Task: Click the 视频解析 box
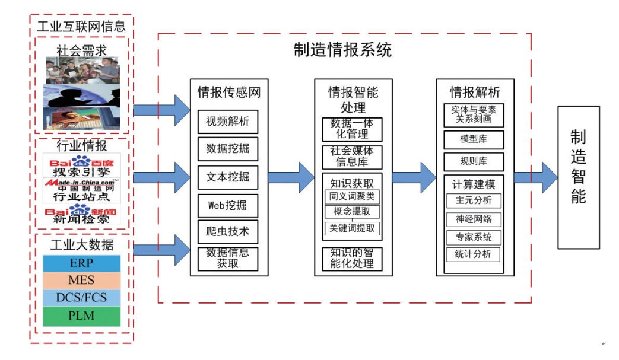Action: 228,122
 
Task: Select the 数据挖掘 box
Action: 228,149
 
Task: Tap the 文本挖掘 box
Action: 228,177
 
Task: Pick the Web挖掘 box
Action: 228,205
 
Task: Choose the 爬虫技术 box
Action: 228,232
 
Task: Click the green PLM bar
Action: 81,316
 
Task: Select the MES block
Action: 81,280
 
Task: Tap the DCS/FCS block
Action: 81,297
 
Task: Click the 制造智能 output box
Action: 578,177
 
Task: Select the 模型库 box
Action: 474,140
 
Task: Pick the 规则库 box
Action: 474,162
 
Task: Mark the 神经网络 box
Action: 474,219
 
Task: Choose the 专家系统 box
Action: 474,237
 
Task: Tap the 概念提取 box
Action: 352,212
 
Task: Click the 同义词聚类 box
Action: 352,196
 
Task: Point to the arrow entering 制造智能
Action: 535,177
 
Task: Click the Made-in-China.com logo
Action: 82,183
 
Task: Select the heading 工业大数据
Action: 81,244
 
